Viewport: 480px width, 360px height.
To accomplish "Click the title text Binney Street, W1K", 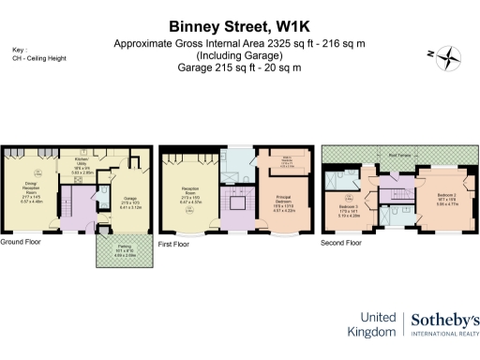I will (x=240, y=27).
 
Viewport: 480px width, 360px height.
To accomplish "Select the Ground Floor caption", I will (x=24, y=243).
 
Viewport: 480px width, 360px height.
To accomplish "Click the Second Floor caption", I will (x=341, y=243).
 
